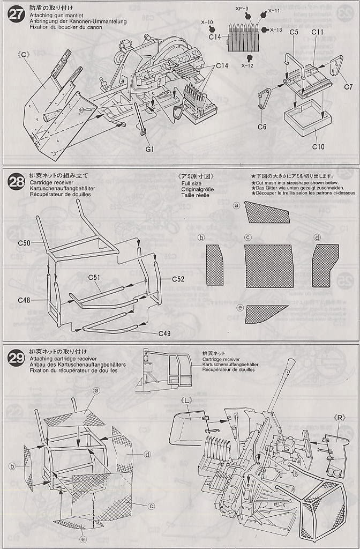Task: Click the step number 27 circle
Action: click(16, 14)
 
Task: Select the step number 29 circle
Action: click(16, 358)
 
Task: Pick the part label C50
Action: click(24, 243)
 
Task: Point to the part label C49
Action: click(164, 333)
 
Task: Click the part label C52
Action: click(178, 279)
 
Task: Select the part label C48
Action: click(24, 300)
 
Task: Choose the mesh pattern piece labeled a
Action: click(268, 213)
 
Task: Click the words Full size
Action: click(191, 183)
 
